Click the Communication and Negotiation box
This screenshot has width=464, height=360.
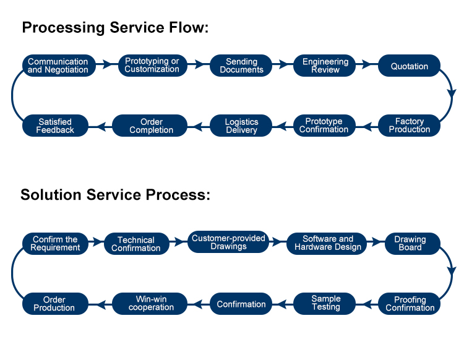click(59, 66)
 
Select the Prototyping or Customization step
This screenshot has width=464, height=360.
click(152, 66)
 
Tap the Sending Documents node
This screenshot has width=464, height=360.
click(241, 66)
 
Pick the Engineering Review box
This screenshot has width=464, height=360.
click(324, 66)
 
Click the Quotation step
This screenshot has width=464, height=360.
click(410, 66)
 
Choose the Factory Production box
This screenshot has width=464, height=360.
click(410, 126)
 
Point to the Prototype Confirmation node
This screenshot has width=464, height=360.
click(324, 126)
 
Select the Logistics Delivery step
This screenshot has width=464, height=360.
click(241, 126)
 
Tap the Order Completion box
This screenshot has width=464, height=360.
click(150, 126)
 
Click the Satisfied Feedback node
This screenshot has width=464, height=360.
click(55, 126)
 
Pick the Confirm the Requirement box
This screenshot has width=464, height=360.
click(55, 244)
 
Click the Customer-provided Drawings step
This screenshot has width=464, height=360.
click(228, 242)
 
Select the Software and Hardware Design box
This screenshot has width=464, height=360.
click(327, 244)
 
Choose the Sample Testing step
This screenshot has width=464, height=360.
click(324, 304)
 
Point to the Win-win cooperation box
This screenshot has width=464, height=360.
click(150, 304)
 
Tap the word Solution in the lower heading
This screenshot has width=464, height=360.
click(51, 195)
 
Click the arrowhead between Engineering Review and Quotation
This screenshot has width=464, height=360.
click(367, 64)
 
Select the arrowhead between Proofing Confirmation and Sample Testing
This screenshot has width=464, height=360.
click(367, 304)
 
